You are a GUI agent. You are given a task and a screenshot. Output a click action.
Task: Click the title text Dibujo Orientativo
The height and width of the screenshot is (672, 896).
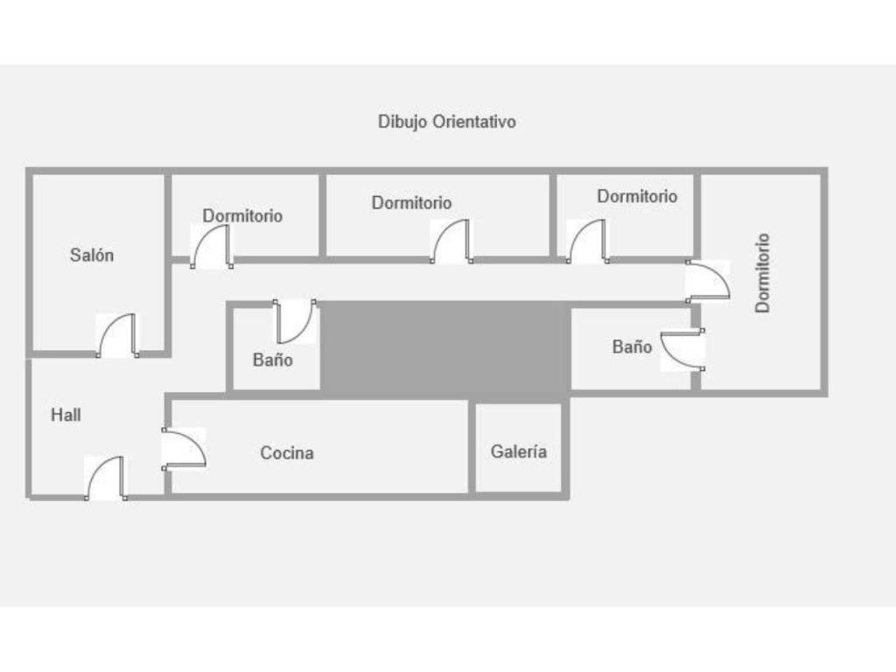[446, 122]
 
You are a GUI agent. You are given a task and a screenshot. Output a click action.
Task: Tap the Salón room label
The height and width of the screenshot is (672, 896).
[92, 255]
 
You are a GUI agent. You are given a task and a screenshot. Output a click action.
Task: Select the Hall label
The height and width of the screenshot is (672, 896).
[66, 415]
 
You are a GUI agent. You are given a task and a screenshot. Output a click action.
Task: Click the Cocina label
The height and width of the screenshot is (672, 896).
[287, 453]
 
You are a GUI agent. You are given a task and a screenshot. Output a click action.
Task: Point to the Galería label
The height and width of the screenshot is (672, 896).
[519, 451]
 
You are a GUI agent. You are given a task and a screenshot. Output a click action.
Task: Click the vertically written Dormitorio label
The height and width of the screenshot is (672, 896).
[763, 272]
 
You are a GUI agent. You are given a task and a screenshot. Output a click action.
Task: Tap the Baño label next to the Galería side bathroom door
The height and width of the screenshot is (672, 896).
[632, 347]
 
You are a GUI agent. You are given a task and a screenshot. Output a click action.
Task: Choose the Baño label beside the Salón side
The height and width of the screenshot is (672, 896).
[273, 360]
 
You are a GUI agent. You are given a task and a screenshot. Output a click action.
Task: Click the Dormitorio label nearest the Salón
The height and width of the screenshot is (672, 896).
[242, 215]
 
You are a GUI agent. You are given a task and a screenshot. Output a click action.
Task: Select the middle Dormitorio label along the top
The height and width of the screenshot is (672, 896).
[411, 203]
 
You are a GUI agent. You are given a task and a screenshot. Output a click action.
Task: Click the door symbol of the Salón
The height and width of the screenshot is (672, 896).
[117, 336]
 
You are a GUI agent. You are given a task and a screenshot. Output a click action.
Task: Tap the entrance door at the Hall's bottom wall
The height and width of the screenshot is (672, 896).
[105, 479]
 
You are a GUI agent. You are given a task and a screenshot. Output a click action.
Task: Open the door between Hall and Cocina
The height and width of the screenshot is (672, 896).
[183, 448]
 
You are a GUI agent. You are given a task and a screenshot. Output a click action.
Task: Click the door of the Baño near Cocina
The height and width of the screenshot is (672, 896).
[296, 322]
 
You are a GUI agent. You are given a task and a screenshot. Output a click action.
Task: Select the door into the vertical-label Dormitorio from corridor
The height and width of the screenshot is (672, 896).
[707, 280]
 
